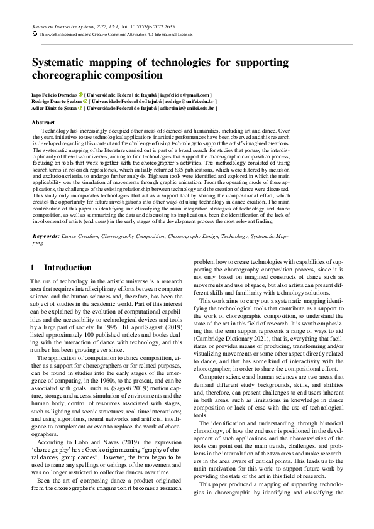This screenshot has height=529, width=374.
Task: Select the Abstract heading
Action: coord(42,122)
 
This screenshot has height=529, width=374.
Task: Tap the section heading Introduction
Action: coord(67,267)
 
